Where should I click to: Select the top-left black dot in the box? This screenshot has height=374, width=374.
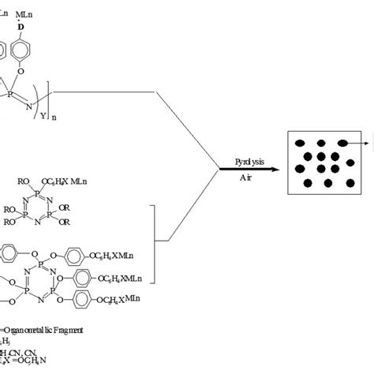(x=301, y=143)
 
